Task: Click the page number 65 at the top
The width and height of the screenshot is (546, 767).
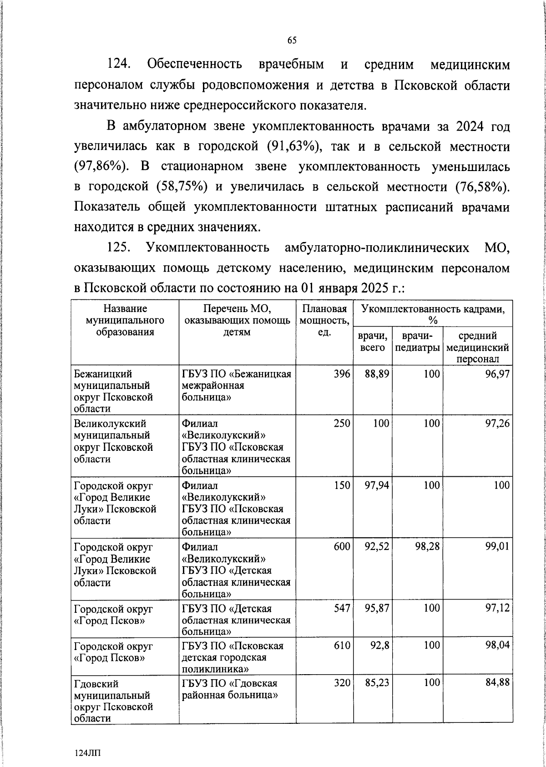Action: (292, 40)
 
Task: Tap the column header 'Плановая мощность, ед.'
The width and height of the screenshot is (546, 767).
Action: (324, 320)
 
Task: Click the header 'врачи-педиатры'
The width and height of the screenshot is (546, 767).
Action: (417, 342)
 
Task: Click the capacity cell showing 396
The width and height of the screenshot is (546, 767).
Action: (341, 374)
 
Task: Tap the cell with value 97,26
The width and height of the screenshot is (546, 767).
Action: (497, 424)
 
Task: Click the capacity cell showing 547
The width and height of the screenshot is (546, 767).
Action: (341, 608)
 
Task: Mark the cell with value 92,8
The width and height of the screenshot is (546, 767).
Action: (379, 646)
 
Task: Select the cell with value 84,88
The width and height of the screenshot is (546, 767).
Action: (497, 682)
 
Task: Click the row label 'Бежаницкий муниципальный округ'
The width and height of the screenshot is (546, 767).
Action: (113, 391)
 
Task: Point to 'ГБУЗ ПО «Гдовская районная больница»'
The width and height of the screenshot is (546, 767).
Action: (230, 689)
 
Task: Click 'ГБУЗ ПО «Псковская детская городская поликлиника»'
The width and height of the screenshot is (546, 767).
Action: (233, 657)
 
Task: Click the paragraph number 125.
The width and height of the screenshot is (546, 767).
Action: (119, 248)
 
